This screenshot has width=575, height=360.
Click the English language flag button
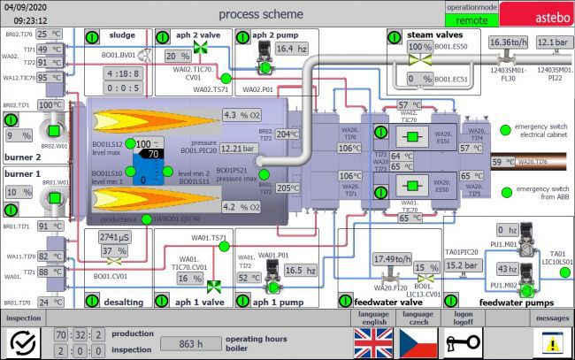(x=372, y=342)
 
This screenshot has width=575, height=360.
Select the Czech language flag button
(x=418, y=342)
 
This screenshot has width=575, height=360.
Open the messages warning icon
(x=553, y=342)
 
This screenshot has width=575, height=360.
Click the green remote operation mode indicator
(x=472, y=18)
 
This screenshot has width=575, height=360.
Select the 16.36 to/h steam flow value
(x=509, y=42)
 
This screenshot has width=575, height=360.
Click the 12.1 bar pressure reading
(x=554, y=42)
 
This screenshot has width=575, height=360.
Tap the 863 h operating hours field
(x=190, y=342)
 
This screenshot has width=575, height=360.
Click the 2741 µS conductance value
(x=115, y=238)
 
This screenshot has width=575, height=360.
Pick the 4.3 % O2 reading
(x=241, y=115)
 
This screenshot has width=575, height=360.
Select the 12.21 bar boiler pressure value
(x=237, y=149)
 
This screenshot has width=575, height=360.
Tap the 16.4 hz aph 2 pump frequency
(x=291, y=49)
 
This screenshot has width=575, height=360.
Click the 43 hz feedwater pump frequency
(x=506, y=269)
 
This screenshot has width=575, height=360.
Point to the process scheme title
(x=260, y=14)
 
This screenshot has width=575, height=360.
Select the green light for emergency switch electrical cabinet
(x=505, y=129)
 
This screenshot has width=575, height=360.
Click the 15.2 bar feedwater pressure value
(x=461, y=265)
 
